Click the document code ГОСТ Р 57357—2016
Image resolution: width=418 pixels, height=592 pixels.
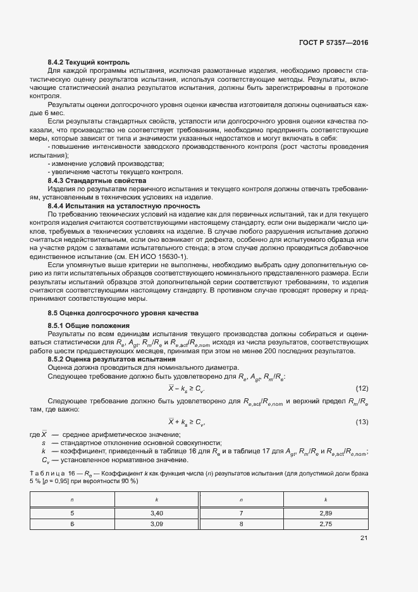click(x=334, y=43)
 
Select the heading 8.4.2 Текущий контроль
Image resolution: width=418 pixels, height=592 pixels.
click(x=89, y=62)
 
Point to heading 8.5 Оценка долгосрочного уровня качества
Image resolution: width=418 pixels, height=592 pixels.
click(x=123, y=313)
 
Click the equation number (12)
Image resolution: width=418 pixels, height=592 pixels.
click(x=362, y=387)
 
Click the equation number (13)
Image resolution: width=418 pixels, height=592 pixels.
click(x=362, y=422)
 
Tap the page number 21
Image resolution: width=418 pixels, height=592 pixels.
click(x=363, y=538)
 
